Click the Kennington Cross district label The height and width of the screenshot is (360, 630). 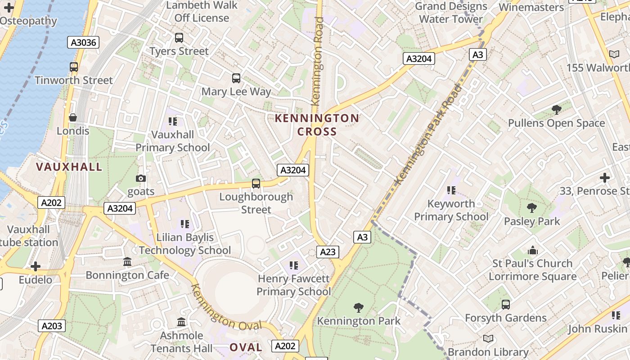tap(317, 125)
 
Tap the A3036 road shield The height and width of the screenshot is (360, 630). tap(83, 43)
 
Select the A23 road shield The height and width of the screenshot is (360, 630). tap(328, 252)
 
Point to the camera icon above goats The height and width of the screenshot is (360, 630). tap(141, 179)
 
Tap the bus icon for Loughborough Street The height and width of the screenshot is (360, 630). tap(256, 184)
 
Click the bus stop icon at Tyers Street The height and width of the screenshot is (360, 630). tap(179, 38)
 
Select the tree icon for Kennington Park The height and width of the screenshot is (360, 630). tap(359, 308)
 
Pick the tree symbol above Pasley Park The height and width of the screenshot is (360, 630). tap(532, 208)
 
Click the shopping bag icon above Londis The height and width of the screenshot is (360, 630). tap(73, 118)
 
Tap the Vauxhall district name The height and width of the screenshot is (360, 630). tap(69, 167)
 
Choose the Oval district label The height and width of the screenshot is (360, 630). tap(246, 347)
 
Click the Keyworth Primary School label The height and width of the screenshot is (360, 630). tap(451, 210)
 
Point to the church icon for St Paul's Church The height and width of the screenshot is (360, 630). tap(533, 251)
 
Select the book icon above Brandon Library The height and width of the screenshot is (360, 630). tap(488, 338)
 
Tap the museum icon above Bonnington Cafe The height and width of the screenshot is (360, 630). tap(127, 262)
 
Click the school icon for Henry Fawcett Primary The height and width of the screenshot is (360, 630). tap(294, 265)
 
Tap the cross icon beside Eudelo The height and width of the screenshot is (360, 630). tap(36, 266)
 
